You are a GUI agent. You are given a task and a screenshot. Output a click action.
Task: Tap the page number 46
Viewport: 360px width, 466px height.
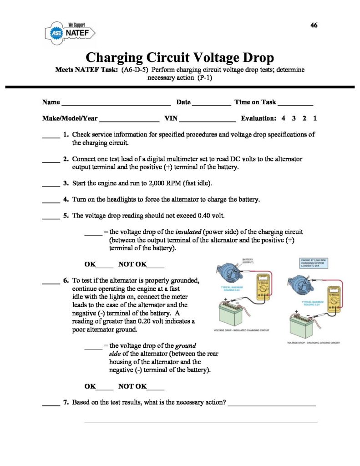[x=314, y=25]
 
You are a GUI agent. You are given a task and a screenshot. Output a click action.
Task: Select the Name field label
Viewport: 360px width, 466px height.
[x=51, y=102]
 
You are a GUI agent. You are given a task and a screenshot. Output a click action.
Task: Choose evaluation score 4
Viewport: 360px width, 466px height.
[x=283, y=118]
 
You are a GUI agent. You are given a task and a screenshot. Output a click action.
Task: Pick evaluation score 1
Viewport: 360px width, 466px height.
[x=315, y=118]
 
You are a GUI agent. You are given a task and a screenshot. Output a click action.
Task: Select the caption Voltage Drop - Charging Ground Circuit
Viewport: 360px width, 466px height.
[x=315, y=342]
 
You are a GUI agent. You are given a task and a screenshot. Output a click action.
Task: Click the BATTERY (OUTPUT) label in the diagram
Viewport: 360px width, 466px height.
[x=248, y=261]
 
